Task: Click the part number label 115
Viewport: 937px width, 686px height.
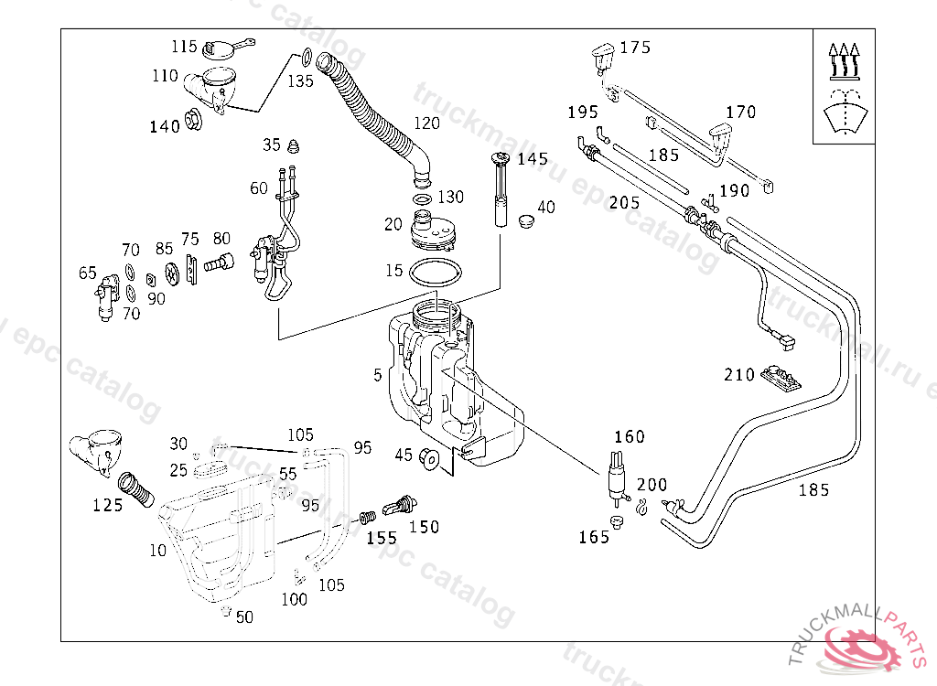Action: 184,47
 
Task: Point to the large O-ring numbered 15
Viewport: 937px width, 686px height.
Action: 436,273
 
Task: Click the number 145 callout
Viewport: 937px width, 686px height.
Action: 533,159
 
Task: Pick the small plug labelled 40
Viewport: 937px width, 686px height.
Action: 526,221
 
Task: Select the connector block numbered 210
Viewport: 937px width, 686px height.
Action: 781,378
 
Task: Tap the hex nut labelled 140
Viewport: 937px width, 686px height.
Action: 193,120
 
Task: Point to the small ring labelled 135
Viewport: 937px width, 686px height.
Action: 306,58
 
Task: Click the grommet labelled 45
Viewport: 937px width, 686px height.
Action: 428,458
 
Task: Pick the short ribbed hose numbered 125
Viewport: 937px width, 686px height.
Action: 135,490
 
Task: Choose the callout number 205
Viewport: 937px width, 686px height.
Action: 624,202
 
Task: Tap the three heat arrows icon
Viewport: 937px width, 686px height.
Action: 844,61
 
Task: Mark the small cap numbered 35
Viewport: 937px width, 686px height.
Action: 293,145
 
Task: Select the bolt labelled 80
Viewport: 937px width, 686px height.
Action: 219,263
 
